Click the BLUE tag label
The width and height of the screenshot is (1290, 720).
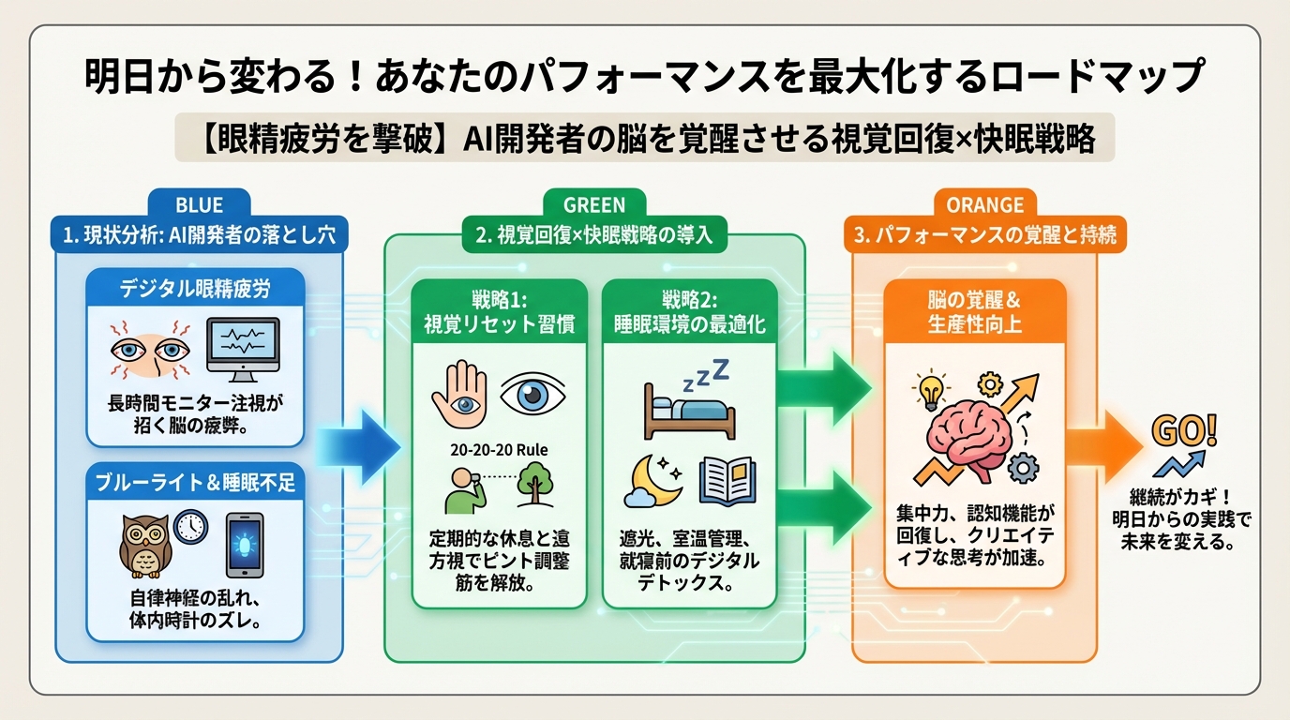(199, 202)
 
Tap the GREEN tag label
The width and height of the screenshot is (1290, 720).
(594, 202)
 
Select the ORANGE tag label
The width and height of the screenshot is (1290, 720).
(985, 202)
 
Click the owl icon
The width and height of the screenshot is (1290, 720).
(145, 545)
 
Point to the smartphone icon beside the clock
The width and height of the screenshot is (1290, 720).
(245, 545)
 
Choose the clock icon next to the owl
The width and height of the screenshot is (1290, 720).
(190, 527)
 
